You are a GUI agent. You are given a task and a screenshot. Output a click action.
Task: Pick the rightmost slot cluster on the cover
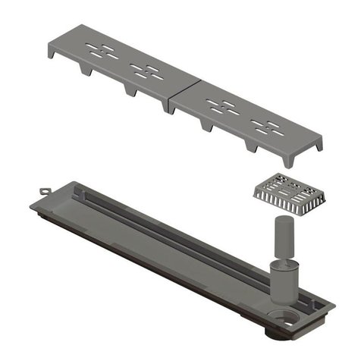(268, 127)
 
